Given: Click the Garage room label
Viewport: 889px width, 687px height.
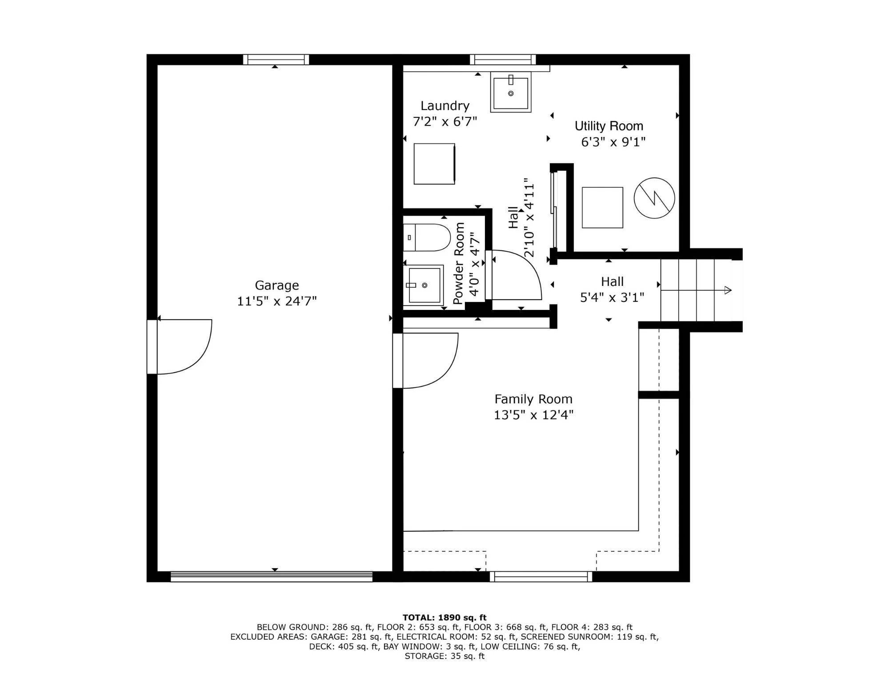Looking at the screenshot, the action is [x=276, y=285].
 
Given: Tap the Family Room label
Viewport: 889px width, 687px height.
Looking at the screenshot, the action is [x=533, y=399].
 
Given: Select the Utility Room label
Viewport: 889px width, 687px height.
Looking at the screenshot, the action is [x=609, y=126].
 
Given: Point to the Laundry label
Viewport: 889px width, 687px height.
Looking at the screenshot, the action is [x=445, y=106].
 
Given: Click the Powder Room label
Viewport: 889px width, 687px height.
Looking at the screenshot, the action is [x=459, y=263].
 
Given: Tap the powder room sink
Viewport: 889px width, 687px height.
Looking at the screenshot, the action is [x=424, y=285].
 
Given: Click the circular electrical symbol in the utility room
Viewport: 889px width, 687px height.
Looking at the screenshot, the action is [x=654, y=198].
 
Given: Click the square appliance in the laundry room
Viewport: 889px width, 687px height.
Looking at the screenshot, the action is [x=434, y=164].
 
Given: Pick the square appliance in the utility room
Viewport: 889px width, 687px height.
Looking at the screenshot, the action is [x=602, y=208].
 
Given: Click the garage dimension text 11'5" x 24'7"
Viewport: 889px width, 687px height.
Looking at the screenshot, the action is [x=276, y=301].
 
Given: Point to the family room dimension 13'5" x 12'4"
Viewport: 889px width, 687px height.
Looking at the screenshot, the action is [x=533, y=415].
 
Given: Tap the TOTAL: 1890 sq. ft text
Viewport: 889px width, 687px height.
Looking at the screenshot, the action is [x=444, y=617].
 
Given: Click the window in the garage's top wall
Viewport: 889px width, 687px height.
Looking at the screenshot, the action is [x=276, y=60].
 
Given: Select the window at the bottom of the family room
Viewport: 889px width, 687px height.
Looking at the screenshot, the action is [x=541, y=577].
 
